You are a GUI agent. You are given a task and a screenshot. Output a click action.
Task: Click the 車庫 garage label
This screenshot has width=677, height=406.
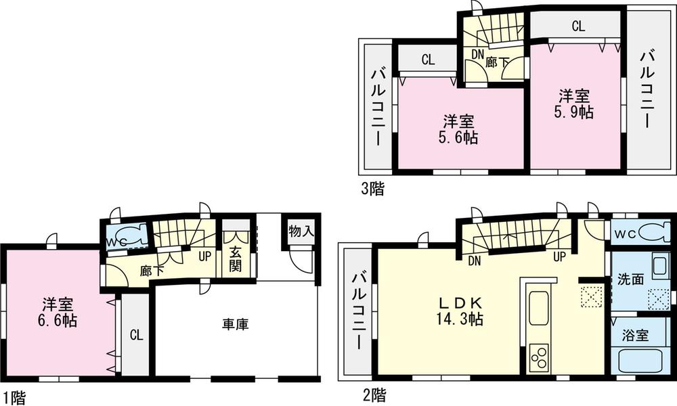(x=235, y=325)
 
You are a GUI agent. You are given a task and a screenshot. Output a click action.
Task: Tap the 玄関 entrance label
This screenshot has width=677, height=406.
(x=236, y=258)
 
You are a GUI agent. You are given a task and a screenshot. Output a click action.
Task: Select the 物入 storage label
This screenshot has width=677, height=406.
(x=301, y=231)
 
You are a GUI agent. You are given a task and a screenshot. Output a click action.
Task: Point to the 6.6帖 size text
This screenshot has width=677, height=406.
(x=56, y=321)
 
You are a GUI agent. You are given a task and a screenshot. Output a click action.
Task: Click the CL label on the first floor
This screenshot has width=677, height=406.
(x=135, y=334)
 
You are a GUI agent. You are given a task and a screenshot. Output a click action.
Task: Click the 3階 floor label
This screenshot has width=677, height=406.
(x=372, y=189)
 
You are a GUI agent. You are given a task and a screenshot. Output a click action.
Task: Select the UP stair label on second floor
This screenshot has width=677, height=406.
(x=560, y=257)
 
